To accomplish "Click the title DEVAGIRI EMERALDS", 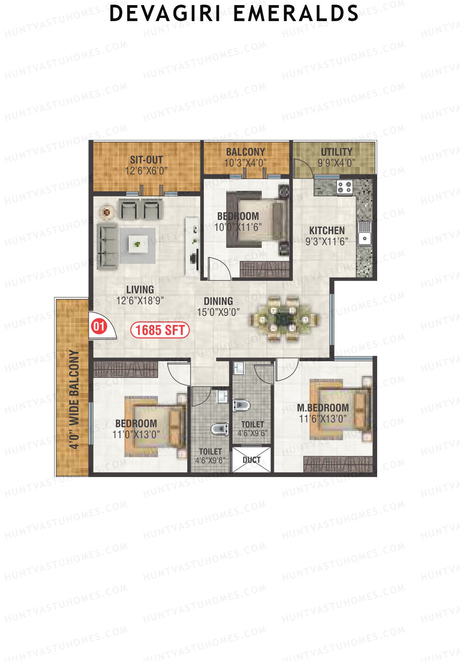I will pyautogui.click(x=234, y=14).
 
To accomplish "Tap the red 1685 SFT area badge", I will pyautogui.click(x=160, y=330).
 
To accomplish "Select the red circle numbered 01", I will pyautogui.click(x=99, y=326).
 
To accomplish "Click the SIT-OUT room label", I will pyautogui.click(x=146, y=160).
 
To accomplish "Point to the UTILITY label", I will pyautogui.click(x=337, y=152).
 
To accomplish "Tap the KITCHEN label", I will pyautogui.click(x=327, y=231).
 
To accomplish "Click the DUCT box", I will pyautogui.click(x=252, y=460).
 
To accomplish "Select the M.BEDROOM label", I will pyautogui.click(x=323, y=408).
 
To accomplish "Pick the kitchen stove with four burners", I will pyautogui.click(x=344, y=187).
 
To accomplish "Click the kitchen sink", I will pyautogui.click(x=365, y=233).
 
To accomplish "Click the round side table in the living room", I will pyautogui.click(x=106, y=212).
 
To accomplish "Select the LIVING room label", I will pyautogui.click(x=140, y=290).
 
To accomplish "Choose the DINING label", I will pyautogui.click(x=218, y=301).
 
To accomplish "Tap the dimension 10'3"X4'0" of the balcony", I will pyautogui.click(x=245, y=163).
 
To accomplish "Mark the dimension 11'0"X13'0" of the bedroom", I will pyautogui.click(x=136, y=434).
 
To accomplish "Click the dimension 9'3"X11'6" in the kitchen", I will pyautogui.click(x=327, y=241).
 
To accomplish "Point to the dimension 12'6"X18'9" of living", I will pyautogui.click(x=140, y=300).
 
